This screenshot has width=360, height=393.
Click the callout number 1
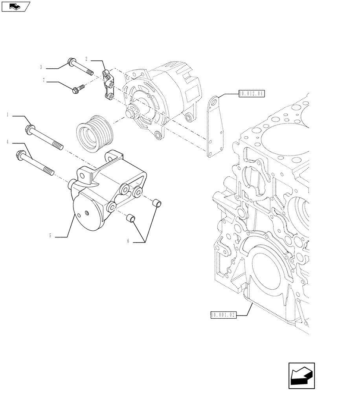click(7, 115)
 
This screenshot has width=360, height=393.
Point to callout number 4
click(7, 141)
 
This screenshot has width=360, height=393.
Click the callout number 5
click(50, 236)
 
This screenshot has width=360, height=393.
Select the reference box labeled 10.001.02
click(223, 315)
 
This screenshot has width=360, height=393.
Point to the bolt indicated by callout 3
click(80, 66)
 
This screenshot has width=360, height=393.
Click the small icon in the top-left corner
click(15, 6)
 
